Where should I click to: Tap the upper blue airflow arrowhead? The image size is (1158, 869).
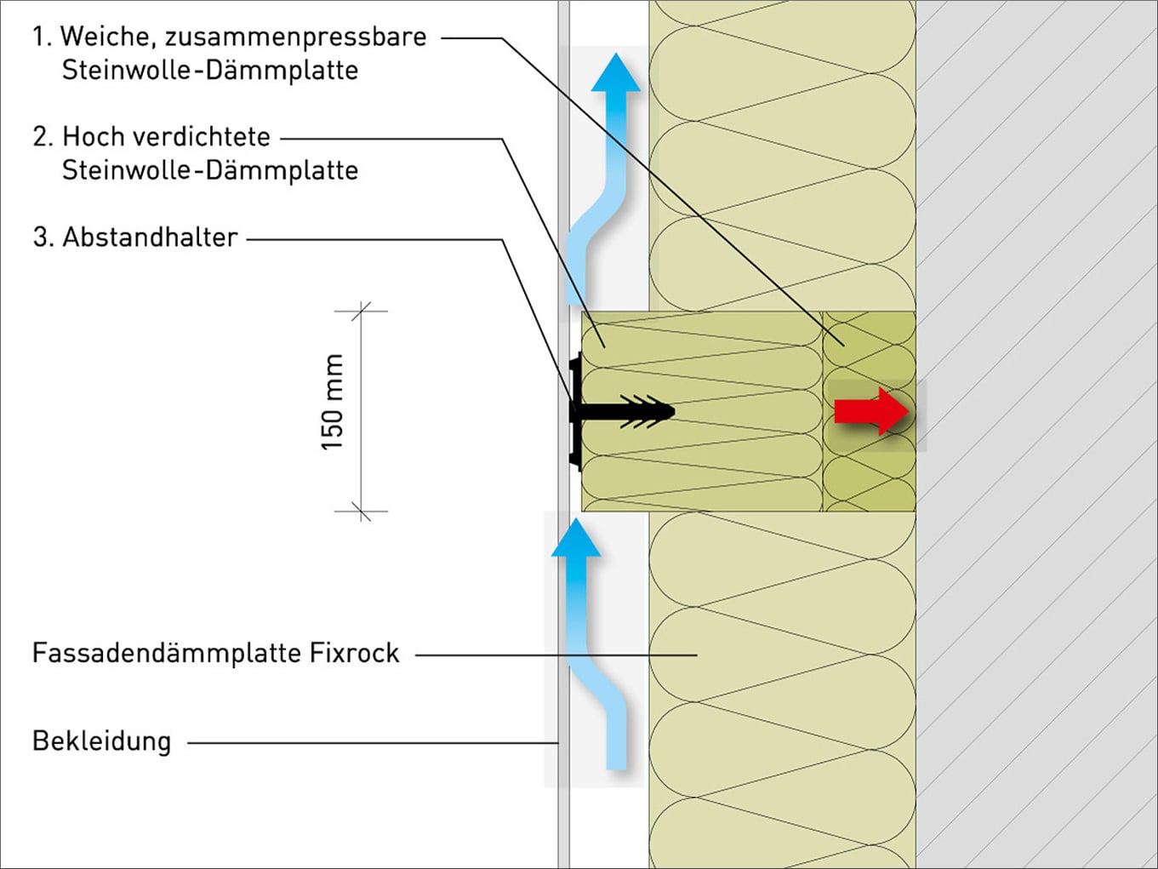(x=615, y=73)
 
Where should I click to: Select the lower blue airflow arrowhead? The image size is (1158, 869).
(x=576, y=539)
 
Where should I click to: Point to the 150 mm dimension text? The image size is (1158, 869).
(x=332, y=402)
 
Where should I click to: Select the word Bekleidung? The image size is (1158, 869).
(x=101, y=741)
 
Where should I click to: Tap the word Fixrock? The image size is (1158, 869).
(x=354, y=653)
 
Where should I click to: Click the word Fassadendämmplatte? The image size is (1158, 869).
(x=167, y=653)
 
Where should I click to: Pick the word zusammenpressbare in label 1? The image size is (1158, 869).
(x=295, y=37)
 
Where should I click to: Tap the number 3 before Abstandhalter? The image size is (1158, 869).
(x=41, y=237)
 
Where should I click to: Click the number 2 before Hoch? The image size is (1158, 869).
(x=41, y=137)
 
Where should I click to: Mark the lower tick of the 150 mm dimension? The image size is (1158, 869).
(x=362, y=512)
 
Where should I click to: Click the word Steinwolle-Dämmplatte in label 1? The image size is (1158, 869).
(x=209, y=70)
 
